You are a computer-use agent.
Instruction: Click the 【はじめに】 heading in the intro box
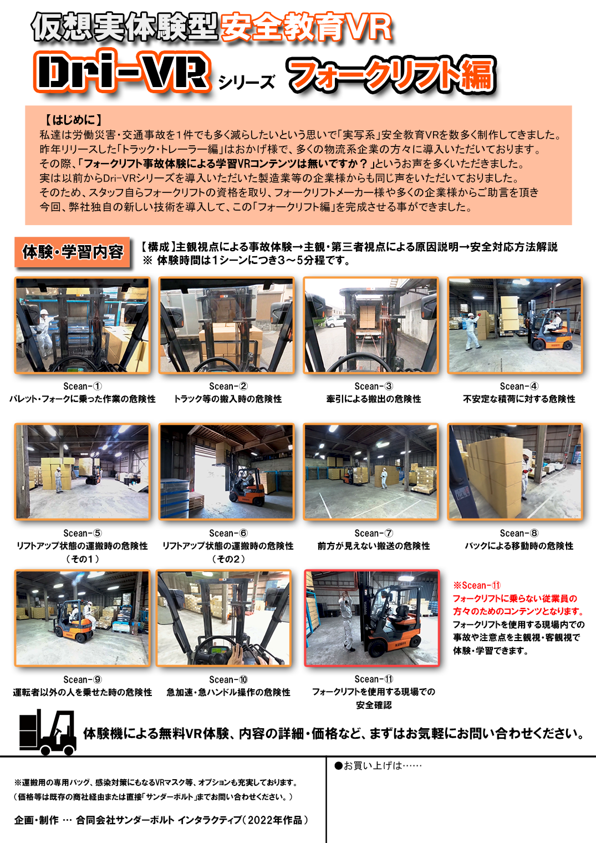click(x=73, y=120)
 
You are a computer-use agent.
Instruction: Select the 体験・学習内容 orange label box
click(x=72, y=252)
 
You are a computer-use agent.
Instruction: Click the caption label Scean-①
click(x=83, y=386)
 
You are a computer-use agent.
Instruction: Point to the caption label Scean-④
click(x=519, y=386)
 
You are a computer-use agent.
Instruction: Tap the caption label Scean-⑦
click(x=374, y=533)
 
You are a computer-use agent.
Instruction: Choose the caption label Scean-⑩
click(x=228, y=679)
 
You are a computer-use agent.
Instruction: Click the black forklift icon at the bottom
click(x=48, y=732)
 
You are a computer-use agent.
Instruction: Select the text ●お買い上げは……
click(x=378, y=765)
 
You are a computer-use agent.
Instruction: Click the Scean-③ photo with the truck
click(x=371, y=326)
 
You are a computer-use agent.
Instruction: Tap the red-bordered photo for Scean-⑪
click(x=372, y=618)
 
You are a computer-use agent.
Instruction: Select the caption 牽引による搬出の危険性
click(x=374, y=399)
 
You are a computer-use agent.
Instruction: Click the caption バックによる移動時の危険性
click(x=519, y=546)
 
